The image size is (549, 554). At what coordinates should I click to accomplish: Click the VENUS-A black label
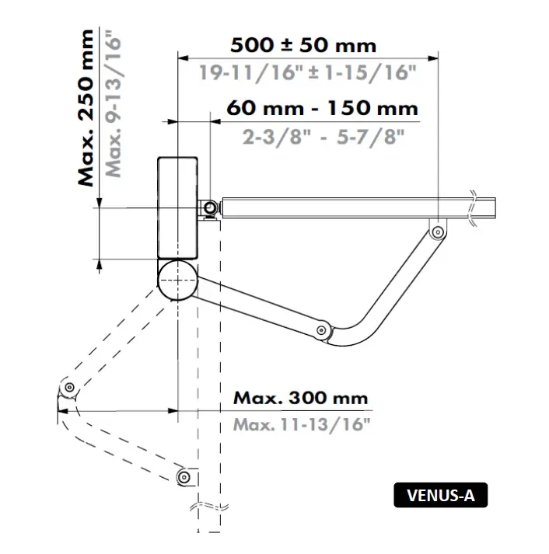pyautogui.click(x=440, y=494)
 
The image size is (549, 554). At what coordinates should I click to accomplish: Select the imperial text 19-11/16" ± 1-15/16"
pyautogui.click(x=308, y=73)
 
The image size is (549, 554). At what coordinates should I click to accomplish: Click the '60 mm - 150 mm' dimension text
pyautogui.click(x=322, y=107)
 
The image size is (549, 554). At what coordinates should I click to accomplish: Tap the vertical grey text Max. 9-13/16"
pyautogui.click(x=114, y=103)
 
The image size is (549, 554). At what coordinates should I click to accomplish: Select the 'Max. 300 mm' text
pyautogui.click(x=300, y=398)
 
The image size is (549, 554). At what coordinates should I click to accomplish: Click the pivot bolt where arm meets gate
pyautogui.click(x=438, y=232)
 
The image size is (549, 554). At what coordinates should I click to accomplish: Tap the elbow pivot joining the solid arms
pyautogui.click(x=320, y=331)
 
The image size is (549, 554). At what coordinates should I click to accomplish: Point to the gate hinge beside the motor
pyautogui.click(x=209, y=208)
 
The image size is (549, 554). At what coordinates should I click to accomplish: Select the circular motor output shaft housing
pyautogui.click(x=177, y=279)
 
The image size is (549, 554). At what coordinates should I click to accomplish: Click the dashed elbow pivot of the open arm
pyautogui.click(x=69, y=387)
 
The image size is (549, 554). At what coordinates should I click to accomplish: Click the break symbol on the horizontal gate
pyautogui.click(x=474, y=207)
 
